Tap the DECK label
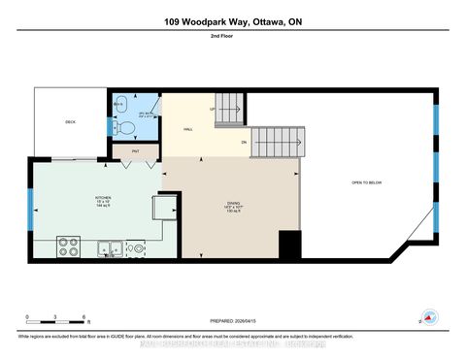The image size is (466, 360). tap(70, 123)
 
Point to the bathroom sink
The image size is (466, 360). tap(120, 103)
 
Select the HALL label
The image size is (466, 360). tap(188, 128)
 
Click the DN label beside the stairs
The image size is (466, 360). tap(244, 145)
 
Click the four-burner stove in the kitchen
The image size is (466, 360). tap(69, 246)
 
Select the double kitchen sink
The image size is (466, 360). tap(108, 247)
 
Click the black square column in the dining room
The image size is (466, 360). tap(288, 244)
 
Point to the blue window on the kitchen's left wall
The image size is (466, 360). tap(31, 207)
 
